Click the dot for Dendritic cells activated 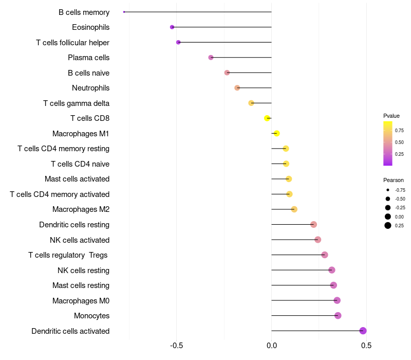coord(363,331)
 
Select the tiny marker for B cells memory coord(124,12)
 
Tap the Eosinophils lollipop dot coord(172,27)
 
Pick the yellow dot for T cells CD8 coord(267,118)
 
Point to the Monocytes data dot coord(338,316)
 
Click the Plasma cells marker coord(211,57)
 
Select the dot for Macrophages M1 coord(276,133)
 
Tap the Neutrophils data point coord(237,88)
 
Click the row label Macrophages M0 coord(81,300)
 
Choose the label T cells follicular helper coord(72,42)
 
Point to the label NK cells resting coord(83,270)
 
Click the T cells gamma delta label coord(76,103)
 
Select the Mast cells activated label coord(77,179)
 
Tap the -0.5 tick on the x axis coord(176,346)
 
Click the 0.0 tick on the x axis coord(271,346)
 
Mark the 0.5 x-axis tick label coord(366,346)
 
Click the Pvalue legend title coord(391,116)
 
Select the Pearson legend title coord(394,180)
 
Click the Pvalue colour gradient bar coord(388,143)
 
